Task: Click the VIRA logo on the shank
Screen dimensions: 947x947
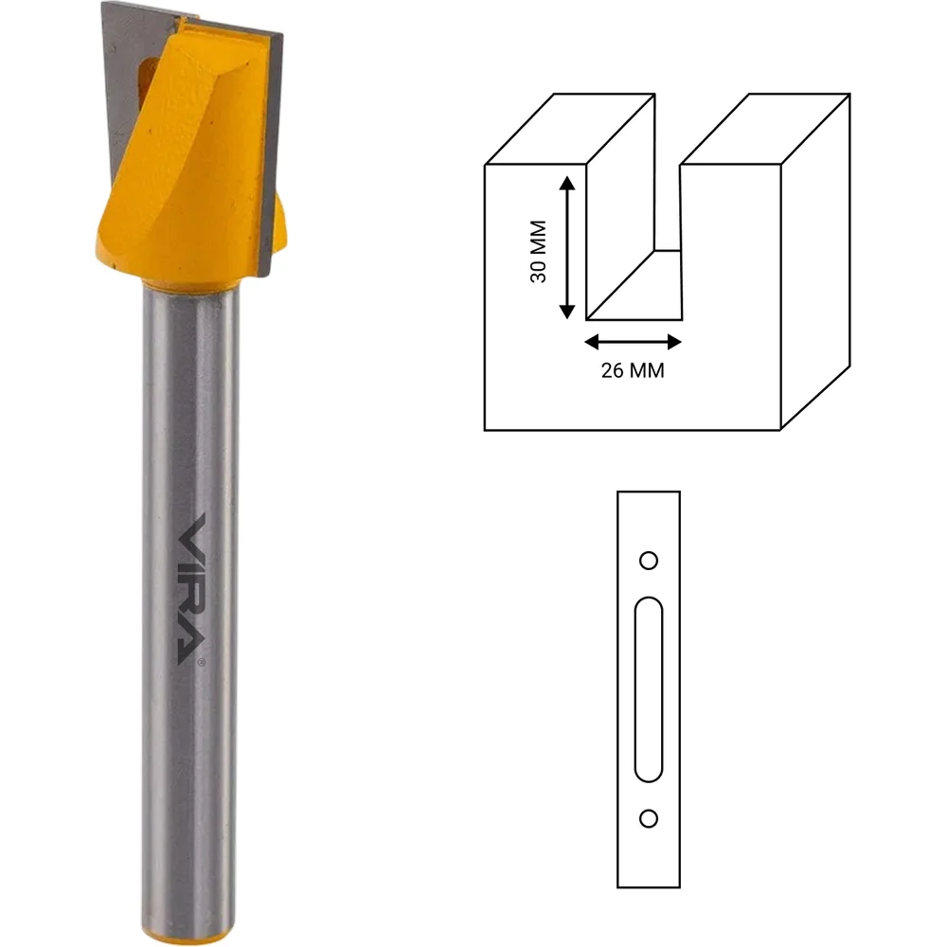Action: point(192,589)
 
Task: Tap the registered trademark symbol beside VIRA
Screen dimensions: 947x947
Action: point(201,662)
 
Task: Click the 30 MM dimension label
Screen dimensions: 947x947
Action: point(538,251)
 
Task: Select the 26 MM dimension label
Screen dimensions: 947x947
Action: point(633,370)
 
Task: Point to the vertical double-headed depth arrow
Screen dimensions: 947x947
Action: point(566,247)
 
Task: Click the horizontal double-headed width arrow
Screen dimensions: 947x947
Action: point(633,343)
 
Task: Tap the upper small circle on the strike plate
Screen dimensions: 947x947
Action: point(649,561)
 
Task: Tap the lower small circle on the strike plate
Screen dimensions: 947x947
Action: point(649,819)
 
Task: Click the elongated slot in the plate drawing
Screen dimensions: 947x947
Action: point(649,689)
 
